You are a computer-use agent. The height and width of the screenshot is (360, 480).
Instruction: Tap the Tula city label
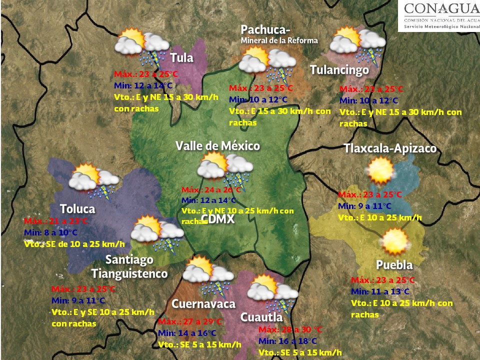coord(181,58)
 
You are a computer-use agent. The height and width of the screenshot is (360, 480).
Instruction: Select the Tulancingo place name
coord(339,70)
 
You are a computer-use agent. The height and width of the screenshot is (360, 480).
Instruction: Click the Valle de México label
coord(217,146)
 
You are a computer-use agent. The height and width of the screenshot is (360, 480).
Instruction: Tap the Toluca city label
coord(77,208)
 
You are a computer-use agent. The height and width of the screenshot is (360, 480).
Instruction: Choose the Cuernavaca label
coord(203,304)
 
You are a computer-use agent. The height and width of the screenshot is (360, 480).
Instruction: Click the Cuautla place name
coord(261,317)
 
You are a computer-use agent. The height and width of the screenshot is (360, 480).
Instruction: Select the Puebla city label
coord(394,264)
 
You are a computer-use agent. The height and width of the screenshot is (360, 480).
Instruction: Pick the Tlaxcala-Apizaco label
coord(390,148)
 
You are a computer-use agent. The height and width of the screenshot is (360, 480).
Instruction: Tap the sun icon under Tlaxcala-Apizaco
coord(380,170)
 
